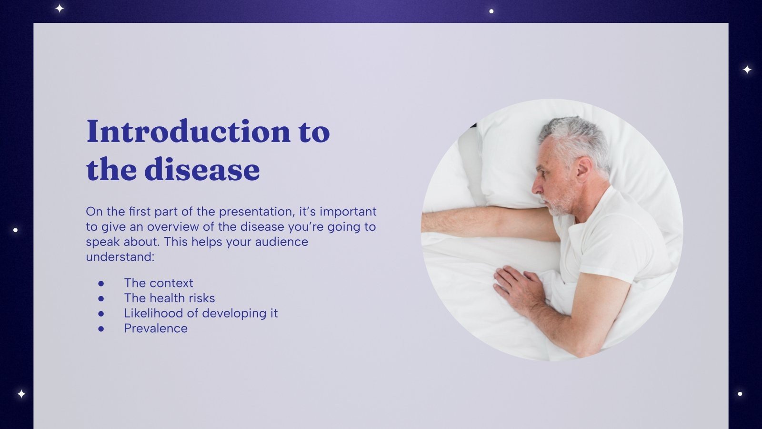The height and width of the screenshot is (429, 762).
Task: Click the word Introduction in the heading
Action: pos(188,132)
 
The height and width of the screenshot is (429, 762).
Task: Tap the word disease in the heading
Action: pos(202,170)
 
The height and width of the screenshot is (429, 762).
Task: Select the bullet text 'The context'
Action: pos(159,283)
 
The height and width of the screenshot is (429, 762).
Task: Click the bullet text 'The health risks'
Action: pos(170,298)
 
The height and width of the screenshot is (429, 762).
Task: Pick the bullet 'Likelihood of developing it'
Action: pos(201,314)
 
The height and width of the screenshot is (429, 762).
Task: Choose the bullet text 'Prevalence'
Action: pos(156,328)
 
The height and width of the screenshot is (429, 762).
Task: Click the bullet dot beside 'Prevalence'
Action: pos(101,328)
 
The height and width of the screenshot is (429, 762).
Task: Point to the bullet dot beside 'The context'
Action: pos(101,283)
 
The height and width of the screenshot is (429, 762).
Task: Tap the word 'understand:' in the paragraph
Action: pos(120,257)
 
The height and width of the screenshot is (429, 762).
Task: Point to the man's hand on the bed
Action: pos(517,286)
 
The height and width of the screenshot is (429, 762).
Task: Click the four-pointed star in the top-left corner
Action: pos(60,8)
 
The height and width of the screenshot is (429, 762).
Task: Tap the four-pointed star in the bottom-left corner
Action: pos(21,394)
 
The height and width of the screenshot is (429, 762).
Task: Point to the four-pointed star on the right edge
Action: pos(747,70)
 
